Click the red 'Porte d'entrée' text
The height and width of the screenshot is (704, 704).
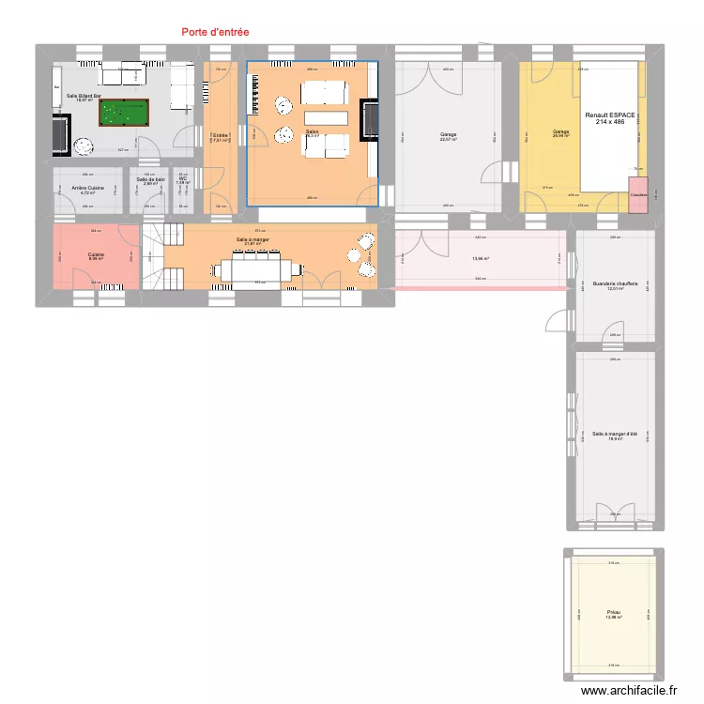[x=215, y=32]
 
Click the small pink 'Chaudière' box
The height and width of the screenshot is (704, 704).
[x=638, y=195]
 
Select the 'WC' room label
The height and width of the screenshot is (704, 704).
[x=183, y=178]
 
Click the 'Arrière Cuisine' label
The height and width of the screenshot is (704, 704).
[x=88, y=188]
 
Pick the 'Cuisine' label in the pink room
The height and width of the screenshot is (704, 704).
[x=97, y=254]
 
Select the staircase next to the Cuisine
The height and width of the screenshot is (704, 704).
[x=154, y=256]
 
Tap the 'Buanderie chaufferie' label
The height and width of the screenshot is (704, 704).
[x=615, y=283]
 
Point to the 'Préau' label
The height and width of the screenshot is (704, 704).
[x=613, y=613]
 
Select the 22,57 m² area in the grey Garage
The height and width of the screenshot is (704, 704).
[x=448, y=140]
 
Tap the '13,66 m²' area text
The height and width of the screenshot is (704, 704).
[x=480, y=259]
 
